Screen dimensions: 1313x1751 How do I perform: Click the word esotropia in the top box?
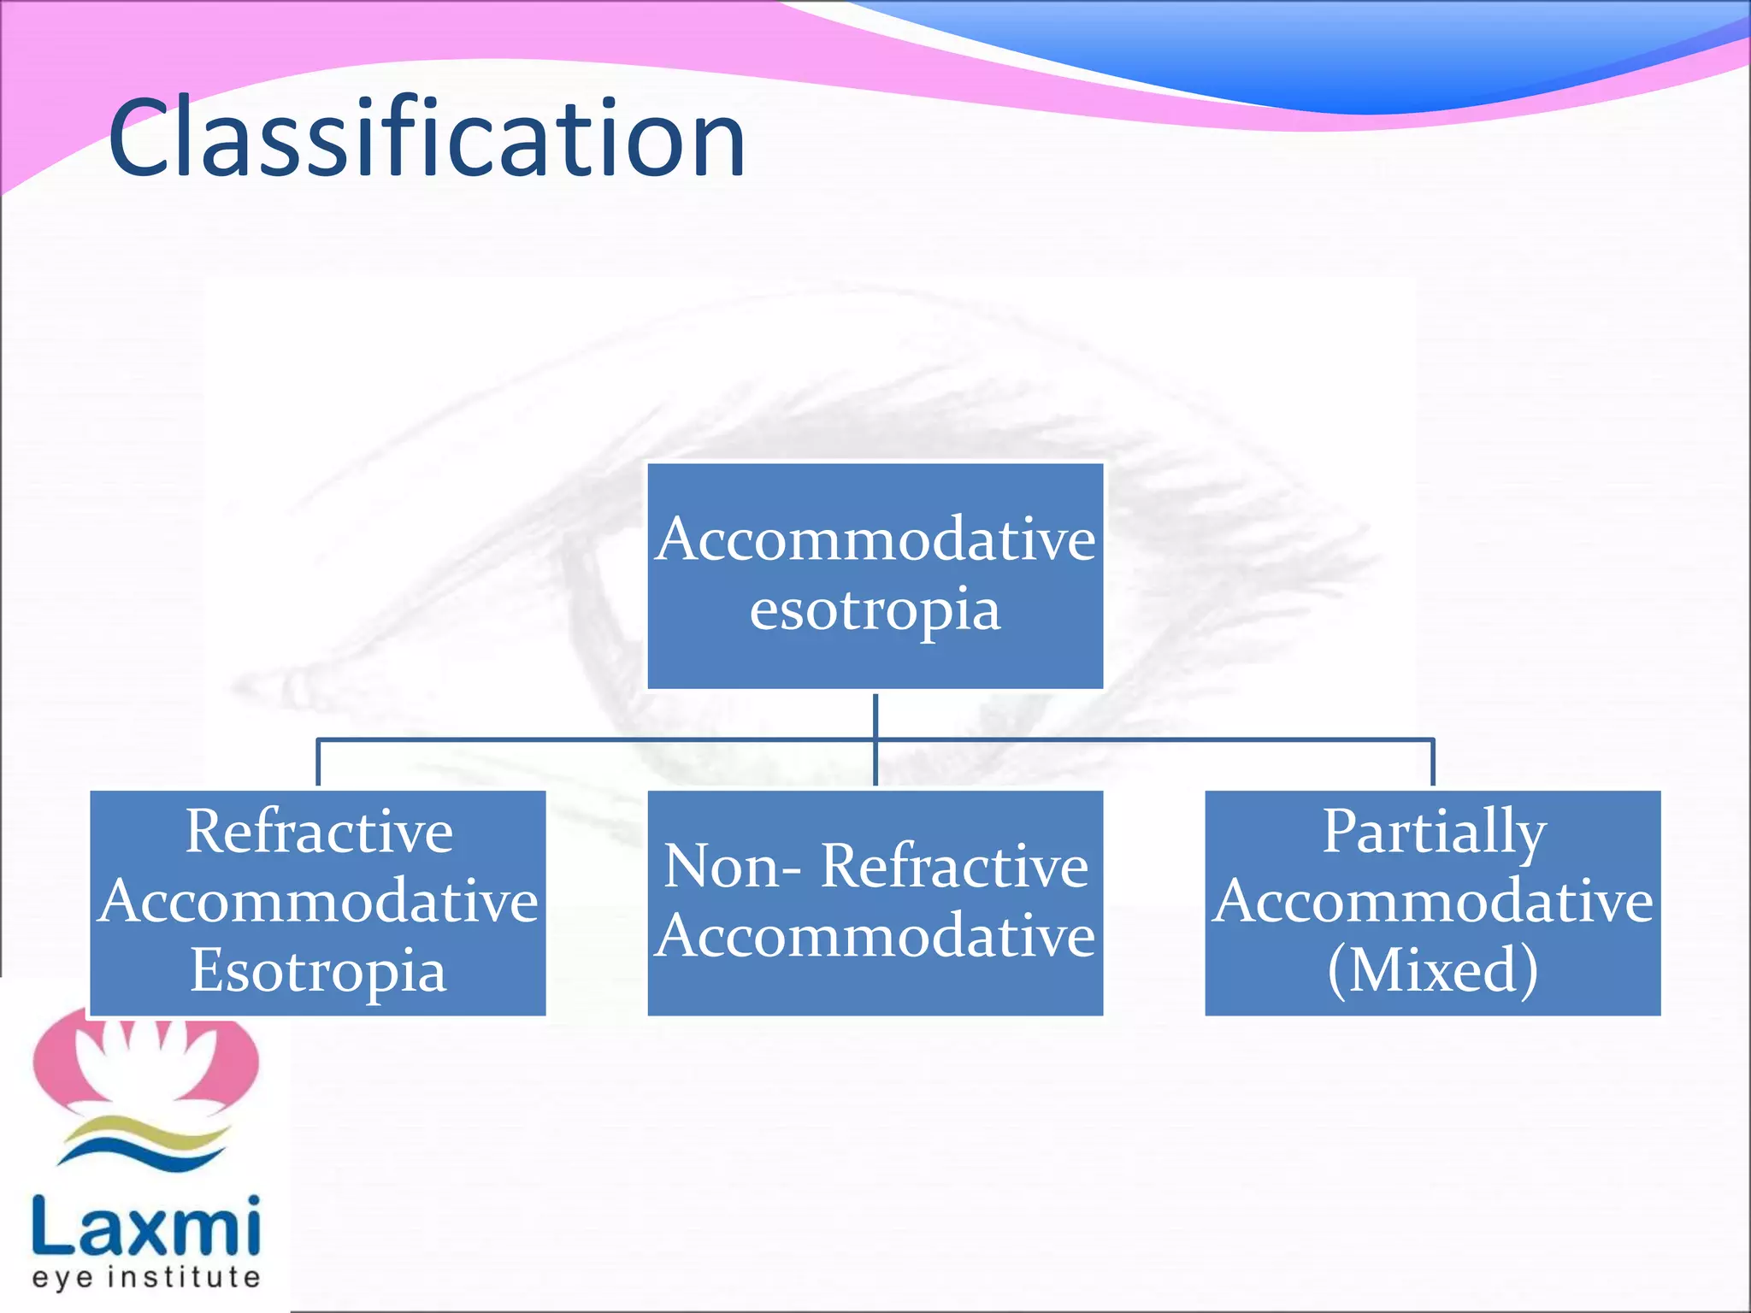pos(875,610)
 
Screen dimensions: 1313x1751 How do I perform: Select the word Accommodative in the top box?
pos(875,540)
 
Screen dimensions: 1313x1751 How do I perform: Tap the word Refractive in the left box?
pos(319,831)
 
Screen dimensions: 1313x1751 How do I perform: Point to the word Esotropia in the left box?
pos(318,971)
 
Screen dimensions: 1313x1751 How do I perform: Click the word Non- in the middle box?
pos(732,867)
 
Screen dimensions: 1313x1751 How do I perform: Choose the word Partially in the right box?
pos(1434,831)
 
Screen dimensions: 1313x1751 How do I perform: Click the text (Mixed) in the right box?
pos(1433,971)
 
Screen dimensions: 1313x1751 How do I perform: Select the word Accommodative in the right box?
pos(1433,901)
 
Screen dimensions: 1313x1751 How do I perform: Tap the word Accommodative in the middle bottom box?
pos(875,936)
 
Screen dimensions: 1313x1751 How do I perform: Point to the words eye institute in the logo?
pos(145,1277)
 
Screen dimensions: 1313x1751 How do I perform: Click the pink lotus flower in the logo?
pos(145,1060)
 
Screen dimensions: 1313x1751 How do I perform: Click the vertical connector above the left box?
pos(318,762)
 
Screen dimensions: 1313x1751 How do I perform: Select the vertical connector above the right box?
pos(1433,762)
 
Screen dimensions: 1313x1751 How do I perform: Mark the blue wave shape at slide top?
pos(1325,60)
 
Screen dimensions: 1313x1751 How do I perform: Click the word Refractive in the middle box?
pos(954,867)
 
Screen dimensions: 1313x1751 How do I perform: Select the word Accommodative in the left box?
pos(318,901)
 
